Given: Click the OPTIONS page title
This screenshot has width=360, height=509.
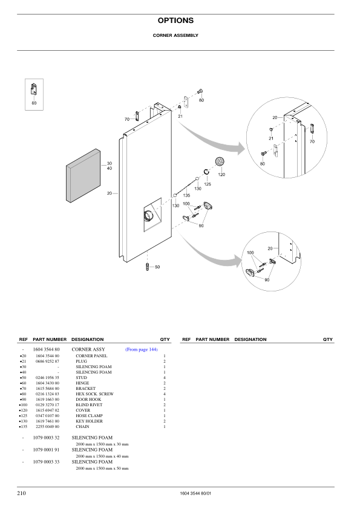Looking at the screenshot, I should coord(175,21).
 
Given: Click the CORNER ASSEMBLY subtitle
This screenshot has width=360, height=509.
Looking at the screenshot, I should coord(175,35).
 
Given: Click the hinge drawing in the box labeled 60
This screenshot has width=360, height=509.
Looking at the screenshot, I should coord(34,90).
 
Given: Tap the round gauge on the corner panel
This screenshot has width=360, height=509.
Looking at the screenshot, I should coord(149,216).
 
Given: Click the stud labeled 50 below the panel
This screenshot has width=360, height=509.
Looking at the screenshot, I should coord(147,267).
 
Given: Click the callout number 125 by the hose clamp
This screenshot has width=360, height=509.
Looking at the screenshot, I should coord(207,184).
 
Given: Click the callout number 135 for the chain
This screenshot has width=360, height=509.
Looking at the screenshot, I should coord(186,195).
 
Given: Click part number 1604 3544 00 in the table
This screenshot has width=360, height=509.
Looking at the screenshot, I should coord(48,356).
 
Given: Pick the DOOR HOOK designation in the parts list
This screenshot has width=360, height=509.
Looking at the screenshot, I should coord(88,400).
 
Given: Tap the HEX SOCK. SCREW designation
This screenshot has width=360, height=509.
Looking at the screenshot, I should coord(94,394).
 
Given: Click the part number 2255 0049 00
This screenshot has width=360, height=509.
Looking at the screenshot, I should coord(48,427).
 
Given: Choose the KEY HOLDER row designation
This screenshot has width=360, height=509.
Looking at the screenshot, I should coord(90,421).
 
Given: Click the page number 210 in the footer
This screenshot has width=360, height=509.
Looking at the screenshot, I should coord(21,493).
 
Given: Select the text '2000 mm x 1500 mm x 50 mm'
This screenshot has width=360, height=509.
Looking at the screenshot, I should coord(102,468).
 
